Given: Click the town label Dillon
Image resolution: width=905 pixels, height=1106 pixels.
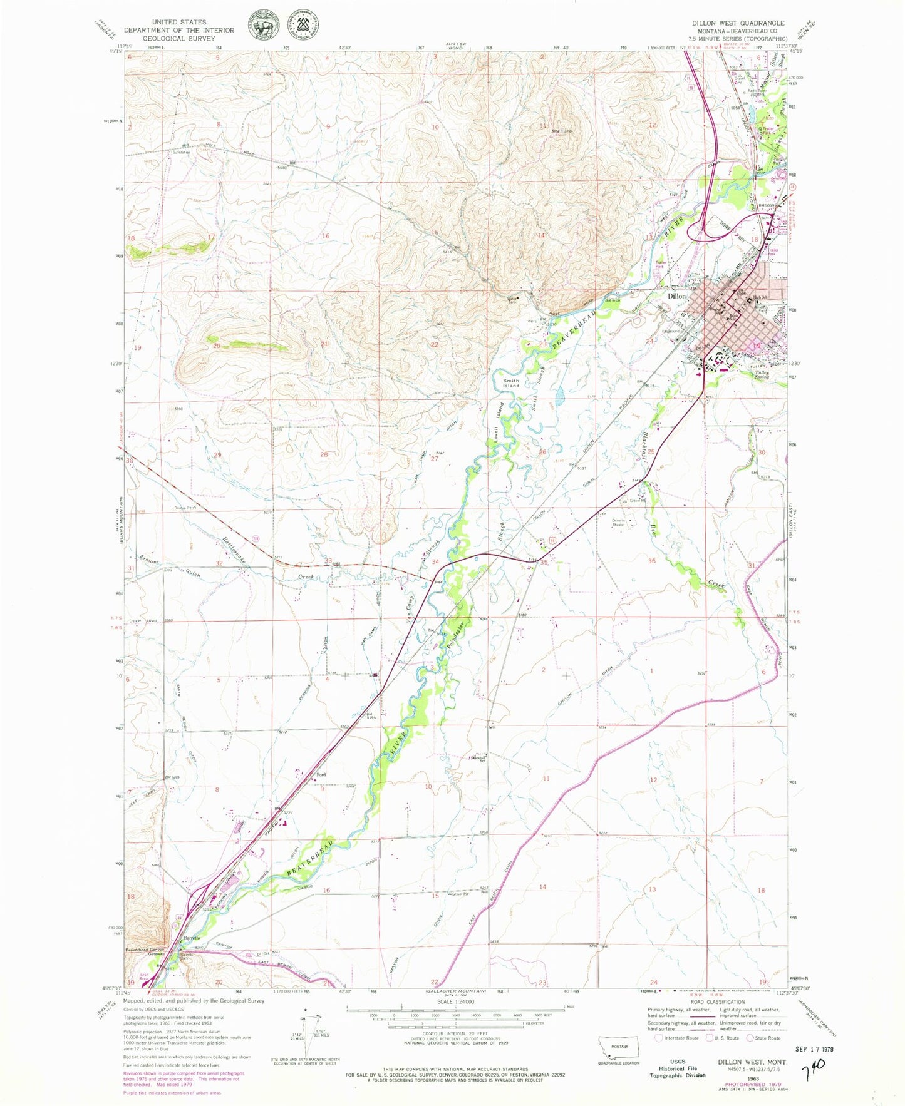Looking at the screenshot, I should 676,295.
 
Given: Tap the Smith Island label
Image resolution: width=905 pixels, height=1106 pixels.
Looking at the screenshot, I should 511,382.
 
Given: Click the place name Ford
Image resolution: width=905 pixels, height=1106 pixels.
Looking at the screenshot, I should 321,775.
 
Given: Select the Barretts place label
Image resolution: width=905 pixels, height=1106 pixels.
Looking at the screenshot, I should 192,938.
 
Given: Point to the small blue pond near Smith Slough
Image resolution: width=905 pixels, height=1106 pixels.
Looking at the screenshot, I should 559,395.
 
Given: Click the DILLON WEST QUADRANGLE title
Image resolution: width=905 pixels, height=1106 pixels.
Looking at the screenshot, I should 738,23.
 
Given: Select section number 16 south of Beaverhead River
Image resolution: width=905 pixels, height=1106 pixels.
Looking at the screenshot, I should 326,890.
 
